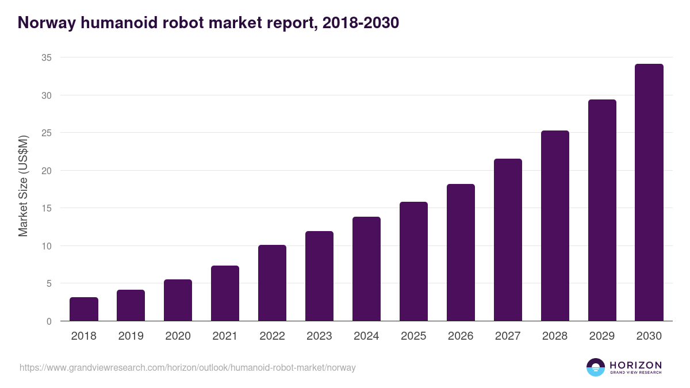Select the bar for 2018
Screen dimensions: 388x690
click(84, 309)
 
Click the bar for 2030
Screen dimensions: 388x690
click(649, 193)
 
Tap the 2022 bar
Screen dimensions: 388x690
click(272, 283)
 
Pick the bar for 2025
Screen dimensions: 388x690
click(413, 262)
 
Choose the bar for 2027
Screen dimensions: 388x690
click(508, 240)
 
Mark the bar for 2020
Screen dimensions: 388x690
click(178, 300)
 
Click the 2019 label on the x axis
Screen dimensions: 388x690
click(131, 336)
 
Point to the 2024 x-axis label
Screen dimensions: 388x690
click(366, 336)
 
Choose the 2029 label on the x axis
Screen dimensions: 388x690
click(602, 336)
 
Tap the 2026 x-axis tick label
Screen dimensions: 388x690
click(461, 336)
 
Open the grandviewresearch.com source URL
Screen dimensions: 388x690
click(187, 367)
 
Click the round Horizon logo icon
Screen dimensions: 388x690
click(596, 367)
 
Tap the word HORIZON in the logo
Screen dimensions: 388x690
click(635, 364)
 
